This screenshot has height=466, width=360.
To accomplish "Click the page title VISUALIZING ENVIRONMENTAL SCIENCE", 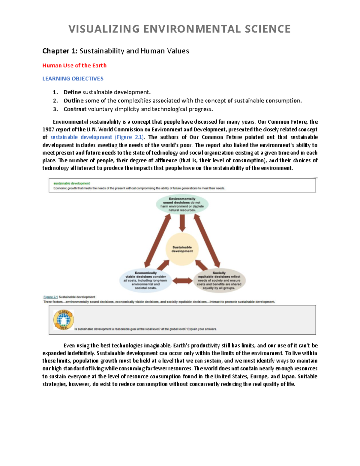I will [x=179, y=29].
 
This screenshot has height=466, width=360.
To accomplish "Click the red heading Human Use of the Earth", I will [x=74, y=65].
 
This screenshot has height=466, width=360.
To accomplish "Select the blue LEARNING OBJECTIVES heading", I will [x=73, y=79].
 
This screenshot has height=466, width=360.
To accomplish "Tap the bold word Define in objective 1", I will [x=72, y=92].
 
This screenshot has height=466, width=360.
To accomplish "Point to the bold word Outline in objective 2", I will [x=73, y=101].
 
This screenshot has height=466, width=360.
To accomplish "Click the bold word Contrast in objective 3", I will [x=75, y=109].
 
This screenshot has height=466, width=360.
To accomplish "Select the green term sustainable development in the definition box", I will [x=71, y=183].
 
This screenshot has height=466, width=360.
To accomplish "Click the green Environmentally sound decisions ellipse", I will [x=182, y=204].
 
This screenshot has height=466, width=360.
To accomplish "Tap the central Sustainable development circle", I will [x=182, y=249].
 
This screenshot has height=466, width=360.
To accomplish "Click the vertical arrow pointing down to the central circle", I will [x=182, y=223].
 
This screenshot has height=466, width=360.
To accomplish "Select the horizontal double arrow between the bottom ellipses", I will [x=182, y=281].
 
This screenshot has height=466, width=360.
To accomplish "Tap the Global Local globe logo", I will [x=63, y=320].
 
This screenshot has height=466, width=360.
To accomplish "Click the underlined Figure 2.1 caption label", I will [x=50, y=297].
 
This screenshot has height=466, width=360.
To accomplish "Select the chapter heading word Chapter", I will [x=56, y=51].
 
